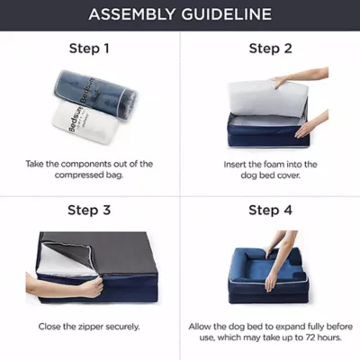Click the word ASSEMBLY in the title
click(132, 14)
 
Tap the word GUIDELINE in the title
click(226, 14)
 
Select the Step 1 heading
click(89, 49)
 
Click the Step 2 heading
click(270, 49)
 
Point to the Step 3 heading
click(89, 210)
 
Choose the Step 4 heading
click(270, 210)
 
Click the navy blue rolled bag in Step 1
click(95, 93)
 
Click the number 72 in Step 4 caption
click(311, 337)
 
